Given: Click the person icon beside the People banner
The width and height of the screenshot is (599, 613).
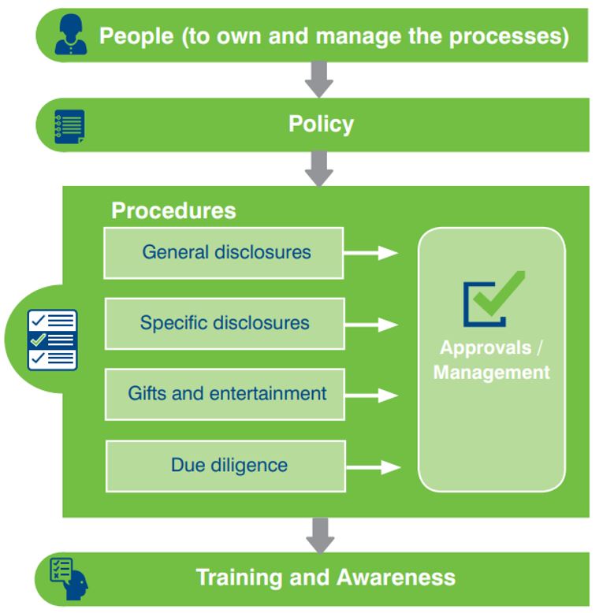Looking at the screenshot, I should (x=71, y=35).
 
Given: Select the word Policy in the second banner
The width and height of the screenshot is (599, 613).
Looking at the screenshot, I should (x=321, y=124).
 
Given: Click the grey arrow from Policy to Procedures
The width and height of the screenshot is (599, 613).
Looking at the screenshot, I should (x=319, y=168).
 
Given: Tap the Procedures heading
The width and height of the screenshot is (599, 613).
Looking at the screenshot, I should (x=173, y=210).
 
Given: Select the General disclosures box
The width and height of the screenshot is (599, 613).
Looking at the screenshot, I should (x=224, y=252).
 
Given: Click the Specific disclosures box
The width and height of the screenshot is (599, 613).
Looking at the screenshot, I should (x=225, y=323).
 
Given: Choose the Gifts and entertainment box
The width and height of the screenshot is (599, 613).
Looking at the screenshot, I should (x=225, y=393).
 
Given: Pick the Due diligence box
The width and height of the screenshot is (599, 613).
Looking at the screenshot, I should (x=226, y=465).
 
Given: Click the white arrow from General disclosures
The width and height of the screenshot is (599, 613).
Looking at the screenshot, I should (x=371, y=253).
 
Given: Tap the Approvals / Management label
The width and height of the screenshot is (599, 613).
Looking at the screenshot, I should (x=491, y=360).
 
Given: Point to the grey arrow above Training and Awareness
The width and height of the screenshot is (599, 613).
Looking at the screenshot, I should (x=319, y=535).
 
